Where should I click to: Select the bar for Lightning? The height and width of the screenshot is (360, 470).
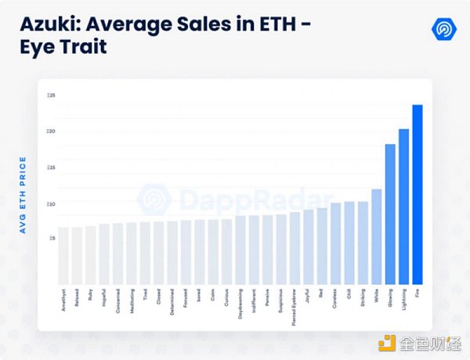tap(403, 207)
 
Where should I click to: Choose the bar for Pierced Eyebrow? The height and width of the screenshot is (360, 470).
tap(295, 248)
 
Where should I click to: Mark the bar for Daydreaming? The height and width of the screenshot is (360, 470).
tap(240, 250)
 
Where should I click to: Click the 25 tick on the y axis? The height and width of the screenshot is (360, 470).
tap(51, 95)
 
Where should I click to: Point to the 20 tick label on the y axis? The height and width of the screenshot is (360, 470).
tap(51, 131)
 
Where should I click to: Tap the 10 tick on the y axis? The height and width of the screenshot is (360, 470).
tap(51, 204)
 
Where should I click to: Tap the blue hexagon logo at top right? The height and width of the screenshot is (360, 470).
tap(444, 28)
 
